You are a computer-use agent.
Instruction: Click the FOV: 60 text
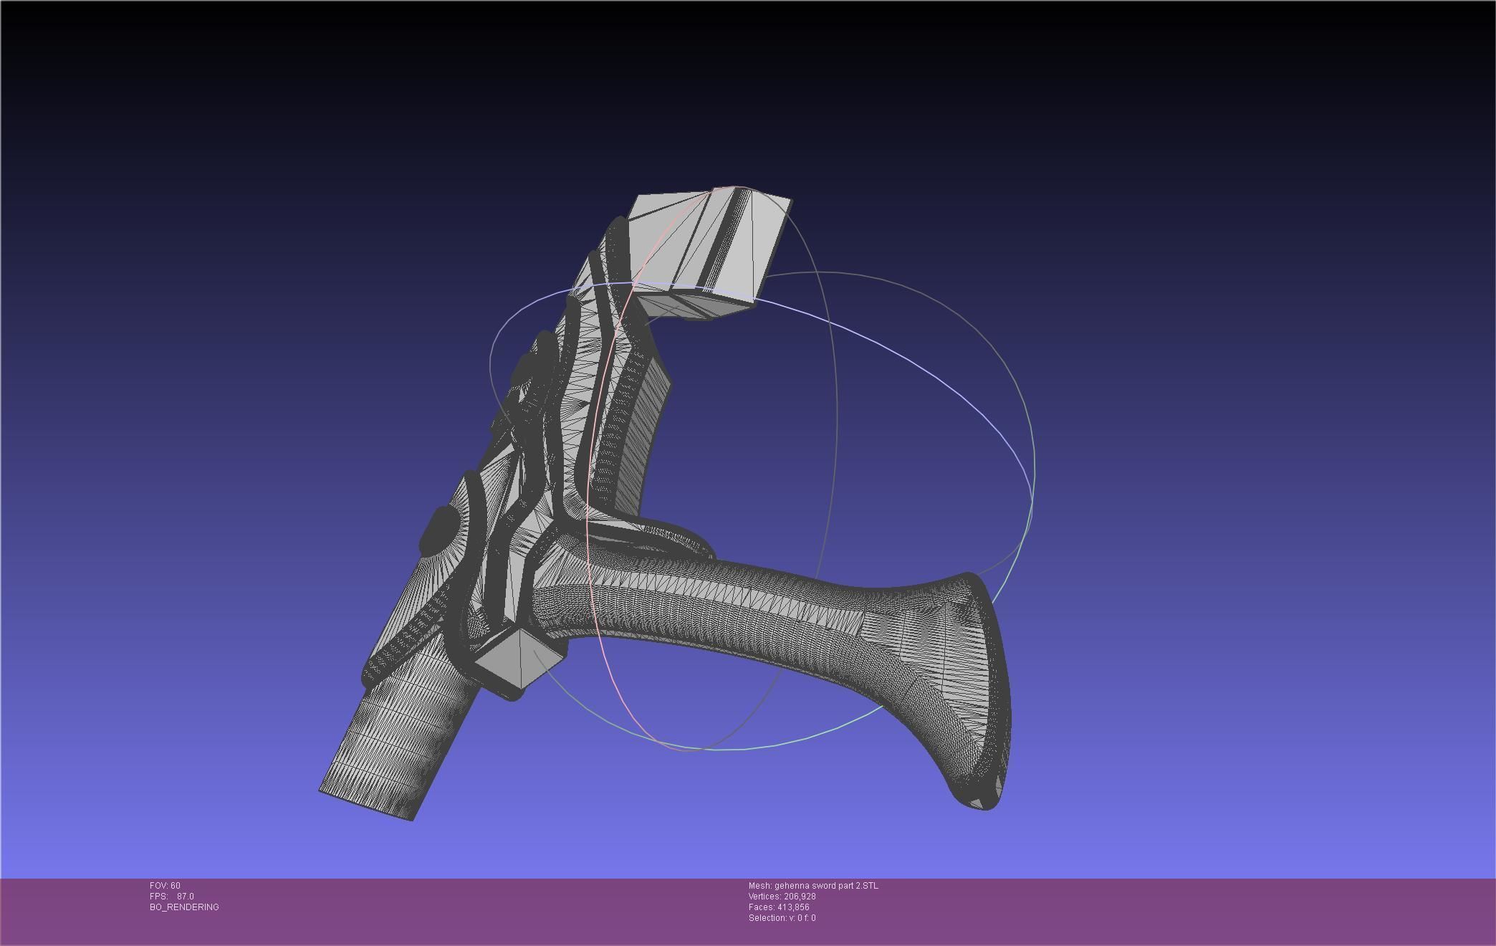tap(165, 886)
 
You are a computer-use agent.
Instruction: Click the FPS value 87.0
tap(185, 897)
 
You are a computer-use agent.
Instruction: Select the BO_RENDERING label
tap(184, 907)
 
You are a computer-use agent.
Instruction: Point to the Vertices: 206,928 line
tap(782, 897)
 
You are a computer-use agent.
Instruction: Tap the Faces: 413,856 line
tap(779, 907)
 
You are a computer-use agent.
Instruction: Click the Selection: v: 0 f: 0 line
tap(782, 918)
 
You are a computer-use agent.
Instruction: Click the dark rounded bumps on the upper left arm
tap(530, 365)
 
